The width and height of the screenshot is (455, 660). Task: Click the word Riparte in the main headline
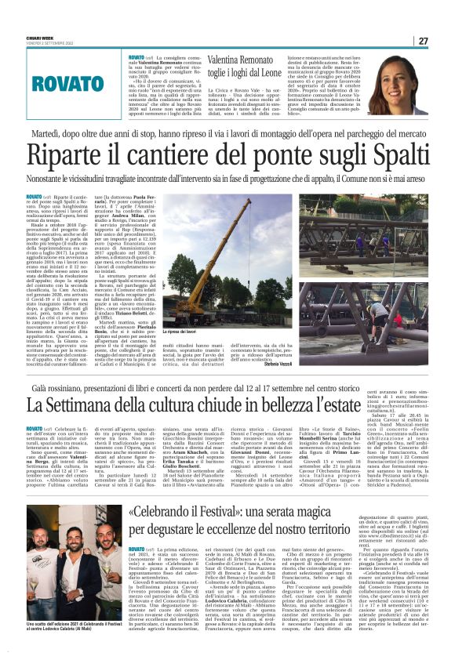71,158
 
